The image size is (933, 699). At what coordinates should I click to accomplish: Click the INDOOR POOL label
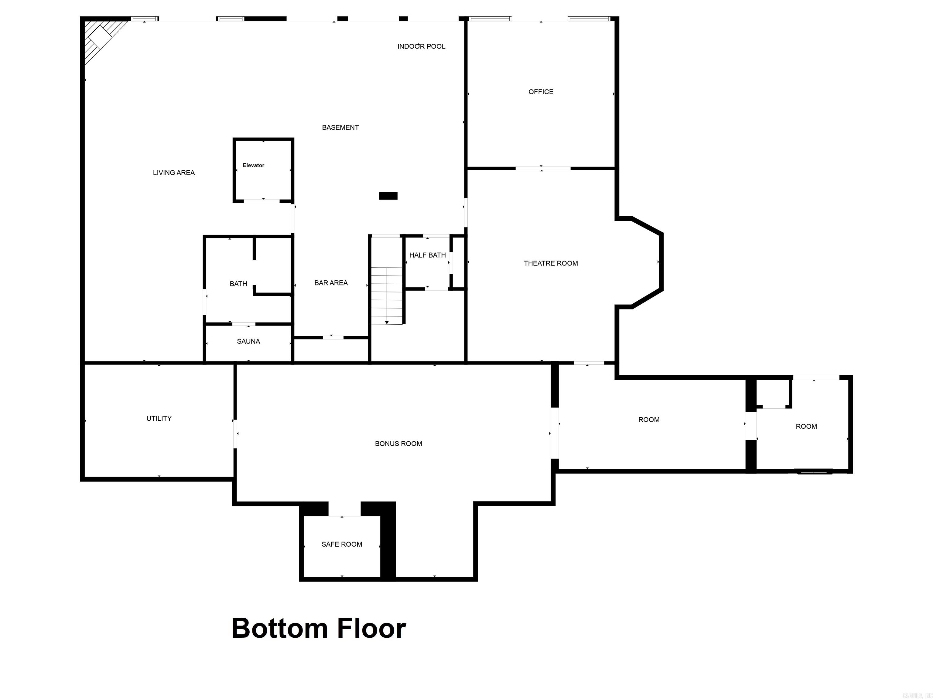421,46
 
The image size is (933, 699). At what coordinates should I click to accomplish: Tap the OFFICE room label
541,92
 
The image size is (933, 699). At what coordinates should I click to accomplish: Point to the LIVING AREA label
174,173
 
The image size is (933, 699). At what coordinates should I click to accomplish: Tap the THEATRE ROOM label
550,263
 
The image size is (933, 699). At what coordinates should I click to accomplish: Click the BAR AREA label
331,283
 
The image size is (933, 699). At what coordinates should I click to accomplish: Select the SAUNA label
248,342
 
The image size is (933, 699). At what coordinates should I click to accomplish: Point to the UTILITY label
159,418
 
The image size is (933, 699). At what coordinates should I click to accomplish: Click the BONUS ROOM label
398,444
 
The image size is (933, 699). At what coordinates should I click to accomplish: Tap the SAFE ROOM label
342,544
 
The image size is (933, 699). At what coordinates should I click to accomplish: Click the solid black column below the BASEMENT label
388,196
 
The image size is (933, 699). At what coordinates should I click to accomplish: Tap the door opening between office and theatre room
543,169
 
